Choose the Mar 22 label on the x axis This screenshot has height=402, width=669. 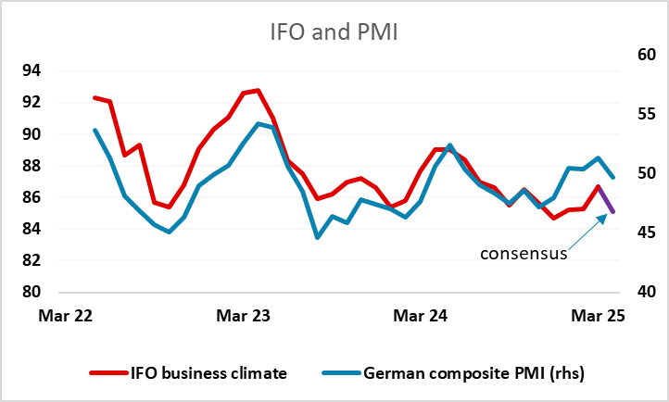(66, 316)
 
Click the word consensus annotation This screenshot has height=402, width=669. (523, 253)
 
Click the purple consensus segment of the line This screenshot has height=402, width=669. (606, 200)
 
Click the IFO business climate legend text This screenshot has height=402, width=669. (208, 374)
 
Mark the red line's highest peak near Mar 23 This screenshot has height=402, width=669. (259, 91)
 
